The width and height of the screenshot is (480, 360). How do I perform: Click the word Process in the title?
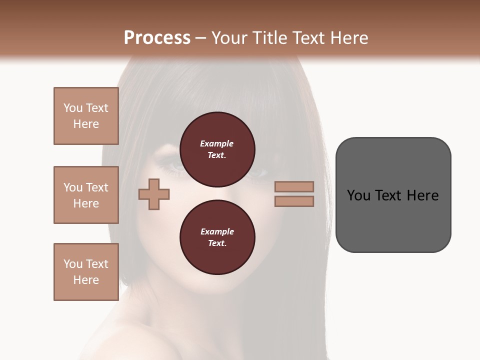pyautogui.click(x=157, y=38)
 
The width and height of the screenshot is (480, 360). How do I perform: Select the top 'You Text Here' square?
pyautogui.click(x=86, y=116)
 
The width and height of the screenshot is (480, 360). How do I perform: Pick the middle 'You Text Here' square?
pyautogui.click(x=86, y=195)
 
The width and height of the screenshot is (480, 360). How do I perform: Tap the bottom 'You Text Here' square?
pyautogui.click(x=86, y=272)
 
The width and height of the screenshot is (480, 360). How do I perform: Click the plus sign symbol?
pyautogui.click(x=154, y=194)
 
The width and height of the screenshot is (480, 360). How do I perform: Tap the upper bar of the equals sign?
pyautogui.click(x=294, y=186)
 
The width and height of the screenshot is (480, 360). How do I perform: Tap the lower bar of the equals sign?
pyautogui.click(x=294, y=201)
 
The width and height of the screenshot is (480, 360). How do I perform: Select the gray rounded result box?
pyautogui.click(x=393, y=220)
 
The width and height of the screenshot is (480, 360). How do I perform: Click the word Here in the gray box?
pyautogui.click(x=422, y=195)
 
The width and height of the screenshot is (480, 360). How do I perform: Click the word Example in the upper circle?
pyautogui.click(x=217, y=143)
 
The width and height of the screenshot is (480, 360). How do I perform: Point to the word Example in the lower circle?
pyautogui.click(x=217, y=231)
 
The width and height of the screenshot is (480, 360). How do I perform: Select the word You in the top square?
pyautogui.click(x=72, y=108)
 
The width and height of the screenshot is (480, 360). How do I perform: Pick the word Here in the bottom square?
pyautogui.click(x=86, y=280)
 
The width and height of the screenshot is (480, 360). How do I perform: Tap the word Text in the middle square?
pyautogui.click(x=97, y=187)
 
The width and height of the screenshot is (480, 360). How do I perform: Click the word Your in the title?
pyautogui.click(x=228, y=38)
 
